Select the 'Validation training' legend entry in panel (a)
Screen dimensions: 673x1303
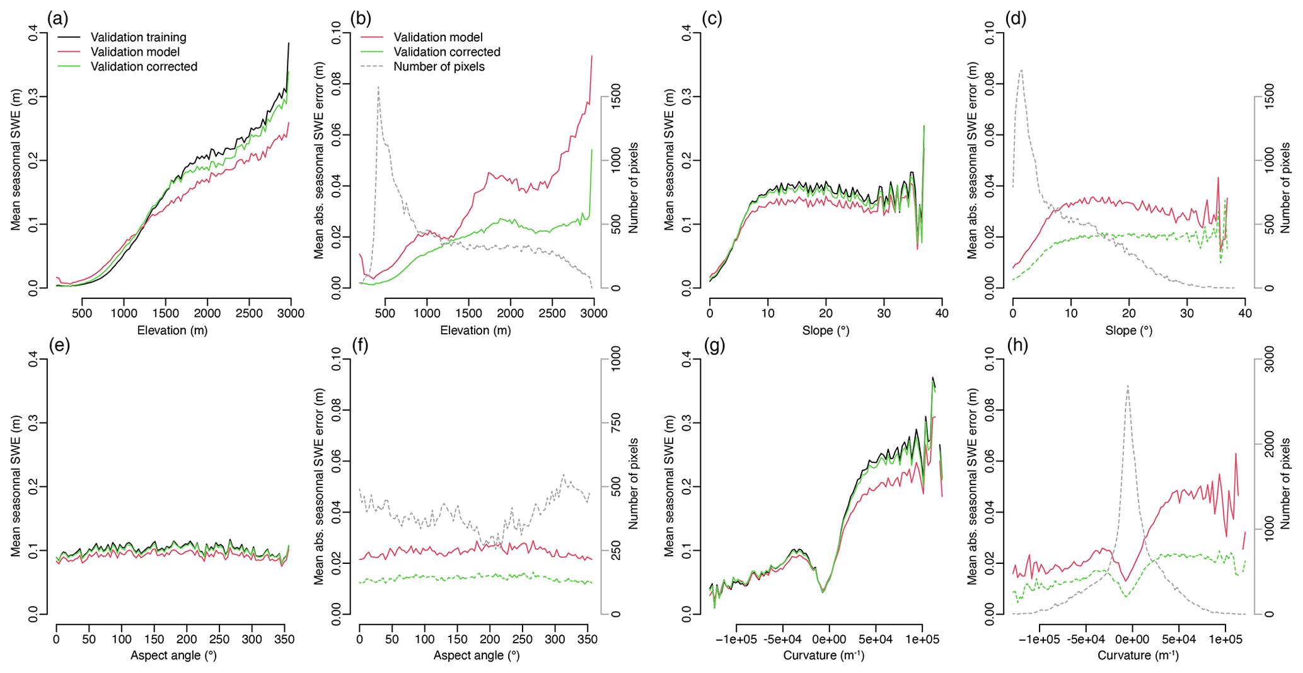click(x=138, y=37)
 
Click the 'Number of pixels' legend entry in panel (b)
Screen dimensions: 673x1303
click(x=439, y=67)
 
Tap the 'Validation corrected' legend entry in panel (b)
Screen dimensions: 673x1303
click(x=446, y=52)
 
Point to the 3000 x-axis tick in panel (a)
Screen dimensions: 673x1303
click(x=291, y=313)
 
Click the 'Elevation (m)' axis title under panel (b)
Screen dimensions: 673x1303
click(x=475, y=330)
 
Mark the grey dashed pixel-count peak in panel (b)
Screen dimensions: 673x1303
click(x=378, y=88)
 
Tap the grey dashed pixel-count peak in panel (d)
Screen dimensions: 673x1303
click(x=1021, y=70)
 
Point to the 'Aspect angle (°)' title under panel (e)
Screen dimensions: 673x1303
click(x=173, y=655)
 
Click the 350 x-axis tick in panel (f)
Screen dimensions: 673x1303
click(x=587, y=639)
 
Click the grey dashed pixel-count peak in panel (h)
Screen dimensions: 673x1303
click(x=1127, y=385)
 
